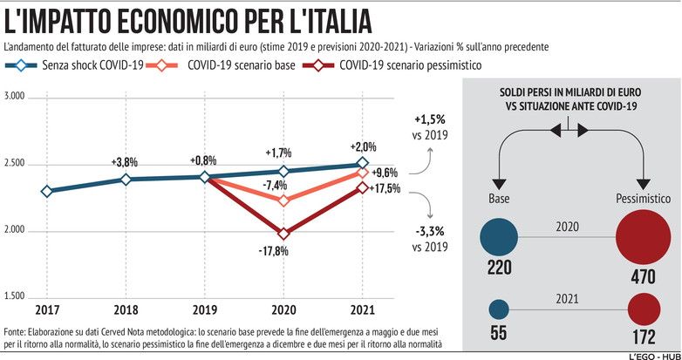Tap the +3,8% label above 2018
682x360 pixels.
(126, 162)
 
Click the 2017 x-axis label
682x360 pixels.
(46, 309)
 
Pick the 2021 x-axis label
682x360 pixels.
(363, 309)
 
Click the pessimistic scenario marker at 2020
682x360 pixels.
(283, 233)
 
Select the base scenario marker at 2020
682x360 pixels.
(283, 200)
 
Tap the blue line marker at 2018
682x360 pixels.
(126, 179)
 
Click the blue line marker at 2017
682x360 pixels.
(46, 191)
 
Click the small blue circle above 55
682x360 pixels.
(499, 309)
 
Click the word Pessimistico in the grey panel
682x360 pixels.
(644, 198)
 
